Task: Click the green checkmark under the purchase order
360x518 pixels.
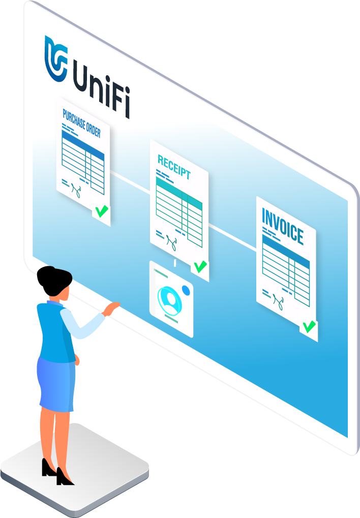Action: [x=102, y=210]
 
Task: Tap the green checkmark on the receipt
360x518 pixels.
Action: [x=200, y=266]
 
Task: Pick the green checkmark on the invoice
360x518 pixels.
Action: [x=309, y=326]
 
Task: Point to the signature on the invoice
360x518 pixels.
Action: [x=279, y=301]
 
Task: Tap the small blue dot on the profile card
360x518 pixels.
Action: [x=186, y=290]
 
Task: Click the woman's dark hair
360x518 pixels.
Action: [x=50, y=277]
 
